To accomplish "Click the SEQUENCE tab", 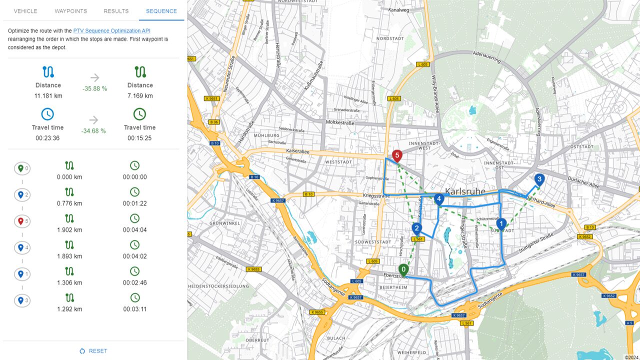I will (x=161, y=11).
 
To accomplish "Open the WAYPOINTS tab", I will (x=70, y=11).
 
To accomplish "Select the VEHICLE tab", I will (x=25, y=11).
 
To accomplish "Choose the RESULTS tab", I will (x=116, y=11).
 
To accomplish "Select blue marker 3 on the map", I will (x=539, y=179).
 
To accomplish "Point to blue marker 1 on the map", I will (x=501, y=224).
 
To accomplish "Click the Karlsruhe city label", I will (x=464, y=191).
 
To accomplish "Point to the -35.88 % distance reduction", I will (x=95, y=88).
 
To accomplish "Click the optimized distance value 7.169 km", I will (x=140, y=95).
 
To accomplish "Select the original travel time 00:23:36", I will (x=47, y=138).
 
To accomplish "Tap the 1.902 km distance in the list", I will (x=69, y=230).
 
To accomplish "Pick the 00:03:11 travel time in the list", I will (x=134, y=309).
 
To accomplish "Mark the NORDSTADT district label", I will (x=389, y=38).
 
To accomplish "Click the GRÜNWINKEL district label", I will (x=210, y=222).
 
